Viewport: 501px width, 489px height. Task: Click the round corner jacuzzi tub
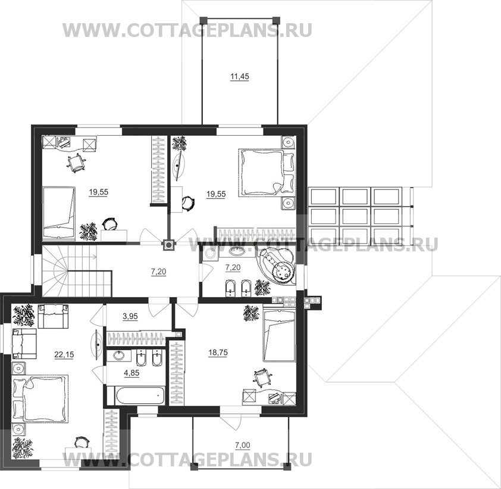[x=277, y=266]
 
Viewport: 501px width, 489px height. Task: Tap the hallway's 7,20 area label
[x=158, y=272]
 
